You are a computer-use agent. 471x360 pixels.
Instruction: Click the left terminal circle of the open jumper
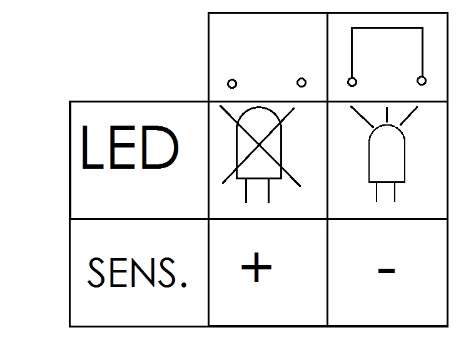[x=232, y=84]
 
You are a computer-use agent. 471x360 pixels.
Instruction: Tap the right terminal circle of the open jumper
[x=301, y=82]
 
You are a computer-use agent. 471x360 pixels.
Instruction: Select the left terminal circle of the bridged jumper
[x=352, y=82]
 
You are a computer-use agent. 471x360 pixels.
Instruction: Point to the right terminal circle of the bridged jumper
[x=422, y=81]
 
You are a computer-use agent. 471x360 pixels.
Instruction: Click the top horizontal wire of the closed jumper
[x=387, y=27]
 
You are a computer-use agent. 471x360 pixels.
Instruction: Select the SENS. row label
[x=138, y=274]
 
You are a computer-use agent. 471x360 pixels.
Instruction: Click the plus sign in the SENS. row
[x=256, y=269]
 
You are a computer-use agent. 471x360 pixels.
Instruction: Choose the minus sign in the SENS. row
[x=387, y=271]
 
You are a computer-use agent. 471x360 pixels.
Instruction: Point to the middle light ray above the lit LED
[x=387, y=114]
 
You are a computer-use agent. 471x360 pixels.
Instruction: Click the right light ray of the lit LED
[x=408, y=115]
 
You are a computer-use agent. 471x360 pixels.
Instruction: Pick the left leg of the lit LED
[x=377, y=191]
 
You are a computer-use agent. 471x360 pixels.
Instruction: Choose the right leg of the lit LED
[x=395, y=191]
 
